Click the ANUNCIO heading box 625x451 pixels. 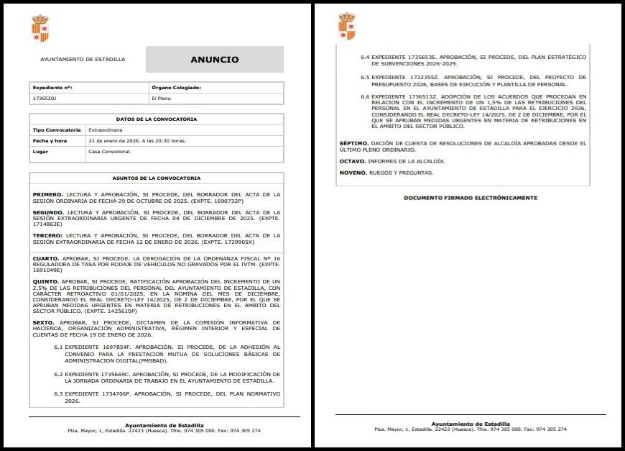point(214,60)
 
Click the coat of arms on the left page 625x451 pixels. point(40,28)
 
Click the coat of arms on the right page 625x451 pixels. point(346,27)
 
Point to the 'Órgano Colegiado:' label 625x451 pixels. point(176,87)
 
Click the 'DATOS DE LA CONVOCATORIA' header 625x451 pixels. point(156,119)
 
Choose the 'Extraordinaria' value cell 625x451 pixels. point(107,130)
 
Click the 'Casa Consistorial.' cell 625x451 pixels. point(110,152)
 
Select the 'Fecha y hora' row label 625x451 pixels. point(50,141)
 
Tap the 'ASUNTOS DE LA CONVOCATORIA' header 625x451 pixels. point(156,178)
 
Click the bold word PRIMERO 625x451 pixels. point(47,194)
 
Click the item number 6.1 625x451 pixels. point(60,347)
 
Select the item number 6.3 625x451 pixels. point(60,394)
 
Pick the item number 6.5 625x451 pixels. point(364,77)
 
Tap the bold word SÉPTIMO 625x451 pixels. point(353,143)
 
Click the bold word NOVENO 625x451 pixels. point(352,173)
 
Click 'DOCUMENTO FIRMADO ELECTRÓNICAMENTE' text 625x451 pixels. point(470,198)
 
